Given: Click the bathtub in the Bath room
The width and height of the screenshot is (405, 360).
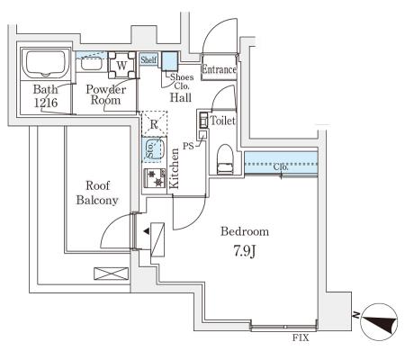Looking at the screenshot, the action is click(x=45, y=64).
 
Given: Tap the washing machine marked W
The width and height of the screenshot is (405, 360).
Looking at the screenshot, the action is click(x=121, y=65).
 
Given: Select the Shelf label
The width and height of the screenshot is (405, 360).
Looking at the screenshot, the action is click(x=148, y=59).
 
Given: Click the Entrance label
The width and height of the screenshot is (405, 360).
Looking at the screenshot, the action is click(x=219, y=69).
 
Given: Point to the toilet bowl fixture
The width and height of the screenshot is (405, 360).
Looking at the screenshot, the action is click(x=225, y=159).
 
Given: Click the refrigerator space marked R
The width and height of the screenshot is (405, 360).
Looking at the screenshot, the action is click(x=154, y=124).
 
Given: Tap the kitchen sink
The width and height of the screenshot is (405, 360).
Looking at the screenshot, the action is click(x=153, y=149).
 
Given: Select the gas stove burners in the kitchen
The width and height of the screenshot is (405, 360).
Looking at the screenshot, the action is click(x=155, y=178).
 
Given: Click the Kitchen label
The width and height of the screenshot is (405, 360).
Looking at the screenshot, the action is click(x=174, y=168).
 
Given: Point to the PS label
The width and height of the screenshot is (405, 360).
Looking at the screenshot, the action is click(x=188, y=147).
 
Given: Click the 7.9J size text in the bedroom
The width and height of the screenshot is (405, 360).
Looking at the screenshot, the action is click(x=245, y=251).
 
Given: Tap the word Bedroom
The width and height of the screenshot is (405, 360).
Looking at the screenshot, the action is click(x=245, y=231).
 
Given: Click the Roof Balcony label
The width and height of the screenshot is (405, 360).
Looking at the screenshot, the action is click(x=97, y=193).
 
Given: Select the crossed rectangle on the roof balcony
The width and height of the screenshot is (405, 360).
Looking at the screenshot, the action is click(x=112, y=274).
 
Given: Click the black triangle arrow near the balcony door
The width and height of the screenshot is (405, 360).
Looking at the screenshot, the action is click(x=147, y=231).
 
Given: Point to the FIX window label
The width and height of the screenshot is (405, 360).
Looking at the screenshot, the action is click(x=301, y=338).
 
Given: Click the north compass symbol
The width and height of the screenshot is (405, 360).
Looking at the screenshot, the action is click(x=379, y=322).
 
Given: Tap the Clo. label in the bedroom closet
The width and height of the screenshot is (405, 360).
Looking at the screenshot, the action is click(x=281, y=167).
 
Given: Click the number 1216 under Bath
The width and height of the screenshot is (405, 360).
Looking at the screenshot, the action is click(x=46, y=103).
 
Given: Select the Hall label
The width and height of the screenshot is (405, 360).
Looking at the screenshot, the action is click(x=181, y=97).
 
